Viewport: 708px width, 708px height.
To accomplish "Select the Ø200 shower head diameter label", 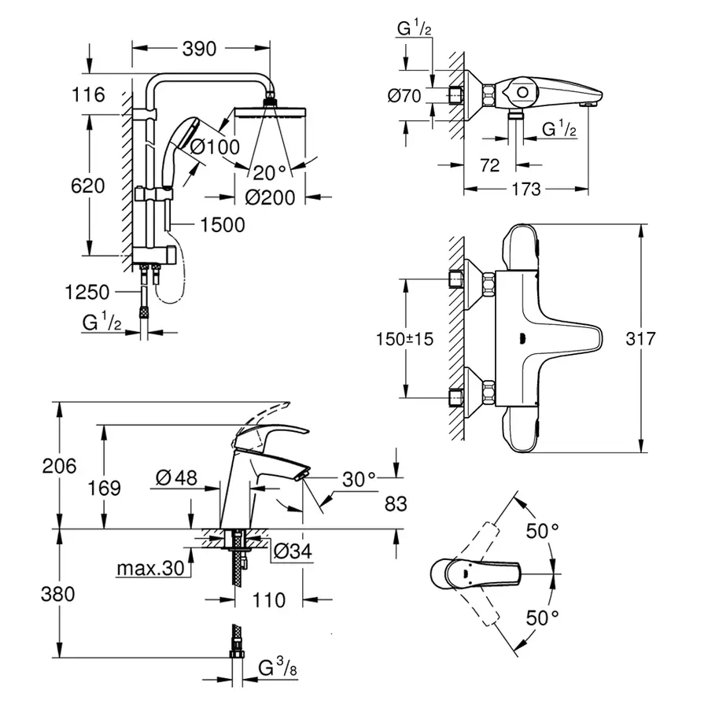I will [270, 197].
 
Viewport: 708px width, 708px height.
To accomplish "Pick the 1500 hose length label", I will [223, 225].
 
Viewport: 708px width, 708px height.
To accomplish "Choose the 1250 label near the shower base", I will [87, 293].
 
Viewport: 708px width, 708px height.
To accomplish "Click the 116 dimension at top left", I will [88, 95].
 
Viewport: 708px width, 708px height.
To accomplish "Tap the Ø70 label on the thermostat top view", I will [405, 97].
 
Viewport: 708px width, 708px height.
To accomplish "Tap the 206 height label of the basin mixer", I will [60, 466].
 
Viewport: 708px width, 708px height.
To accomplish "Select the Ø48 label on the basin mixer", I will [175, 478].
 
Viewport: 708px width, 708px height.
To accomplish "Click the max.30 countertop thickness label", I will [149, 568].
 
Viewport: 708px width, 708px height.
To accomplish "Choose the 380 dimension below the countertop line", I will [60, 594].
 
